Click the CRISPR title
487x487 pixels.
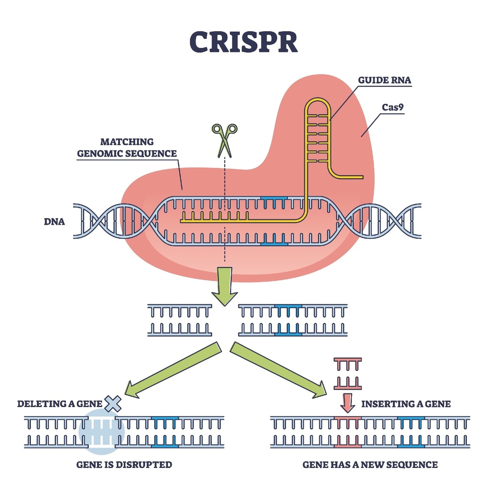click(243, 42)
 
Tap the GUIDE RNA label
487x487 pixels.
click(384, 80)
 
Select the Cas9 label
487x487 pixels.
click(392, 108)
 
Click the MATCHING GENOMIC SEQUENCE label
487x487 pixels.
click(127, 148)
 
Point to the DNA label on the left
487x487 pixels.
click(54, 222)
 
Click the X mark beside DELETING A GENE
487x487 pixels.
click(113, 404)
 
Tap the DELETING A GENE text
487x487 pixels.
click(60, 404)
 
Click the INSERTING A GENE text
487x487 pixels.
click(406, 404)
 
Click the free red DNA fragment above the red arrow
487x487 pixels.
click(347, 374)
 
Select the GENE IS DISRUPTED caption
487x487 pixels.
click(124, 465)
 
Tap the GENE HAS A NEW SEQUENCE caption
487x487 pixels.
click(370, 465)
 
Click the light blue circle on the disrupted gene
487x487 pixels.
click(101, 432)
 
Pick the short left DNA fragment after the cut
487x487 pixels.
click(179, 320)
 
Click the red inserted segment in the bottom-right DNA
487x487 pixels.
click(347, 432)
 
